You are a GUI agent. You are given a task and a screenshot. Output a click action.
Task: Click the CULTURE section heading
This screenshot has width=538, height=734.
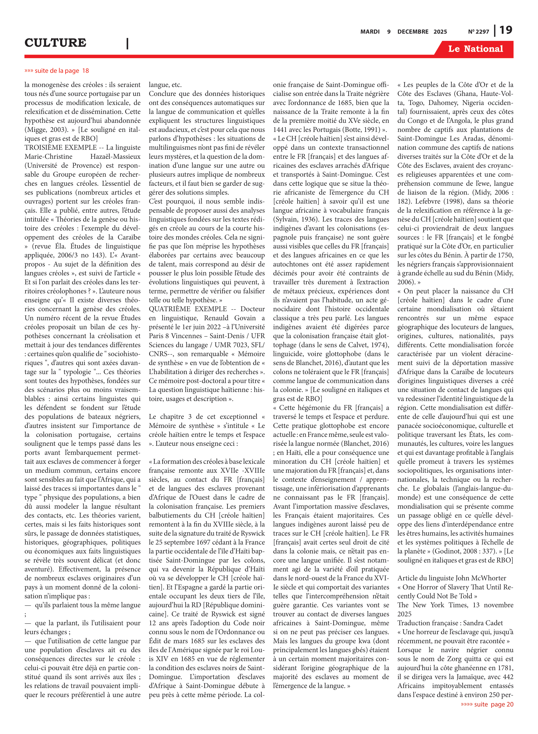(55, 43)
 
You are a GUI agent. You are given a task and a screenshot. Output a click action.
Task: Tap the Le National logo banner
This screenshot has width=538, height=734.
(475, 49)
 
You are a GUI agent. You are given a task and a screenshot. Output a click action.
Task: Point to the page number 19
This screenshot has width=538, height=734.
(506, 30)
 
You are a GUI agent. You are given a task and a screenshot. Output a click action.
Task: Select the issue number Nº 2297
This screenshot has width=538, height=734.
(478, 32)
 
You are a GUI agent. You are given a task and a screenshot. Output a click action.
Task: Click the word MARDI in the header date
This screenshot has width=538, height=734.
(370, 32)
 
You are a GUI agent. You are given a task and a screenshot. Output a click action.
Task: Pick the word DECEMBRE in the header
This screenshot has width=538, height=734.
(413, 32)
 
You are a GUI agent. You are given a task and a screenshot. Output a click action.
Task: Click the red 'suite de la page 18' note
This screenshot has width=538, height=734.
(57, 71)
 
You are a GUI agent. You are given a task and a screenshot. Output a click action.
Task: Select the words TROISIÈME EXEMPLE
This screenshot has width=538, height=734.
(61, 148)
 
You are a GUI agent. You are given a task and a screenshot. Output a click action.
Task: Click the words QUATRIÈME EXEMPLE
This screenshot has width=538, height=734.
(188, 309)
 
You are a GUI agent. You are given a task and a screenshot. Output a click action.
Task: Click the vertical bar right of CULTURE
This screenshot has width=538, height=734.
(127, 43)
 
